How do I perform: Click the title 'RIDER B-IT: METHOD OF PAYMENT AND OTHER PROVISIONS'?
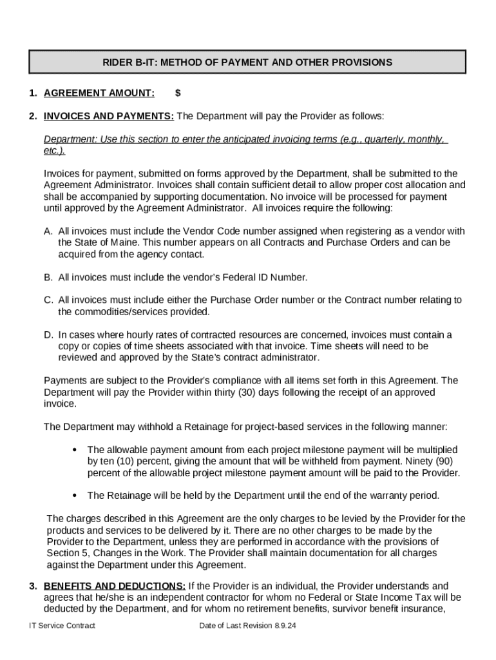point(247,63)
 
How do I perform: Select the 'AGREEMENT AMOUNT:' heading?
point(99,93)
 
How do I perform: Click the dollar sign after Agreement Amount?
point(178,93)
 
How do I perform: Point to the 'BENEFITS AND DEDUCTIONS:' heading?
point(115,586)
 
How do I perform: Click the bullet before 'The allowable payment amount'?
point(75,449)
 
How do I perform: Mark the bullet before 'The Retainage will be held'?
point(75,496)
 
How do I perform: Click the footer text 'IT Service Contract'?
point(62,626)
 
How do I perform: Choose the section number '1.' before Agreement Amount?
point(33,93)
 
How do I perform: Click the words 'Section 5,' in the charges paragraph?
point(65,553)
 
